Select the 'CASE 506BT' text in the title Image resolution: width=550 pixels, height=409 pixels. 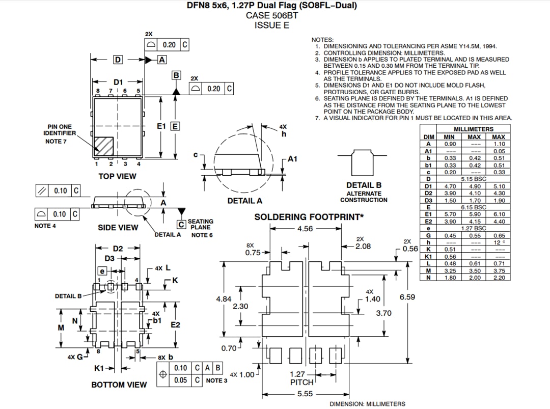pyautogui.click(x=272, y=15)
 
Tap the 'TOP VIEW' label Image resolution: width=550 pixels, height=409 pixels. pyautogui.click(x=117, y=176)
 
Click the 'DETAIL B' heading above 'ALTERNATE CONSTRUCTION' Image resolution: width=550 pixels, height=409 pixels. pyautogui.click(x=364, y=185)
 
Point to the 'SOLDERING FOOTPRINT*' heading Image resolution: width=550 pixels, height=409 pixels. pyautogui.click(x=309, y=217)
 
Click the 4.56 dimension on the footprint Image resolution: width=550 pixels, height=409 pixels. pyautogui.click(x=305, y=229)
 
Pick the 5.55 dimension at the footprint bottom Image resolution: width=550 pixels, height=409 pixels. pyautogui.click(x=305, y=394)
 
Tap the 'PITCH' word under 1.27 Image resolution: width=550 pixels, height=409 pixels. pyautogui.click(x=302, y=382)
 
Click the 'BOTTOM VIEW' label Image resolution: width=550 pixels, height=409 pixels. pyautogui.click(x=119, y=385)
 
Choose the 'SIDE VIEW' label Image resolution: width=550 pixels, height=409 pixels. pyautogui.click(x=118, y=228)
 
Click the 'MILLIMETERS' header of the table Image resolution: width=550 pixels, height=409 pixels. pyautogui.click(x=473, y=129)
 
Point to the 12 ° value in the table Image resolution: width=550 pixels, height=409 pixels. pyautogui.click(x=499, y=242)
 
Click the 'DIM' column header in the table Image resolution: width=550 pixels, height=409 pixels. pyautogui.click(x=428, y=137)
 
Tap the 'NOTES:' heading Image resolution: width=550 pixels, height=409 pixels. pyautogui.click(x=322, y=40)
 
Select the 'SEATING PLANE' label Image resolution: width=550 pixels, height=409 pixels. pyautogui.click(x=201, y=225)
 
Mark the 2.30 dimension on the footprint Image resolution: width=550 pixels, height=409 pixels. pyautogui.click(x=240, y=307)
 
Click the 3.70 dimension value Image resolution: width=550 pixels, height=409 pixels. pyautogui.click(x=383, y=313)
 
